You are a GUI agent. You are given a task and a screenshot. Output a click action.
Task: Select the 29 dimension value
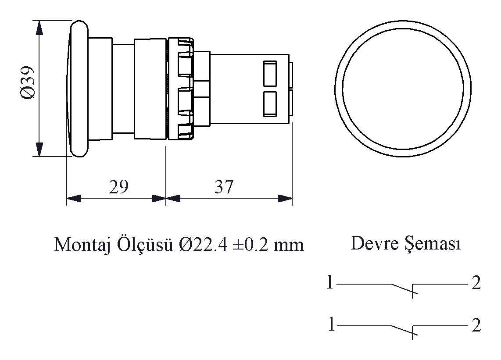tap(118, 186)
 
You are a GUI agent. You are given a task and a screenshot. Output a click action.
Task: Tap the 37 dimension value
tap(224, 186)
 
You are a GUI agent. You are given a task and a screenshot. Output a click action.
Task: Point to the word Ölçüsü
tap(145, 244)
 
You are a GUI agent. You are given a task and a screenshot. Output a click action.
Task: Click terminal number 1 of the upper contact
tap(330, 282)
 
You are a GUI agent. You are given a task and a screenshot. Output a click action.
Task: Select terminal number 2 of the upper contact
tap(476, 282)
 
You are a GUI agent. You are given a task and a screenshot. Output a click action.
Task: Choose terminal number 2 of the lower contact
tap(476, 325)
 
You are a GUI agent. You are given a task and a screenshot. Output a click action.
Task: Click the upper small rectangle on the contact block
tap(270, 74)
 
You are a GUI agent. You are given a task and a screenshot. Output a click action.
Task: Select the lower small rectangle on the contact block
tap(270, 104)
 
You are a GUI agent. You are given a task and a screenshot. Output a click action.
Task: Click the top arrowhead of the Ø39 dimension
tap(39, 28)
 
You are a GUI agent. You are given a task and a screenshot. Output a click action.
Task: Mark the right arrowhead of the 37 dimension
tap(285, 198)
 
